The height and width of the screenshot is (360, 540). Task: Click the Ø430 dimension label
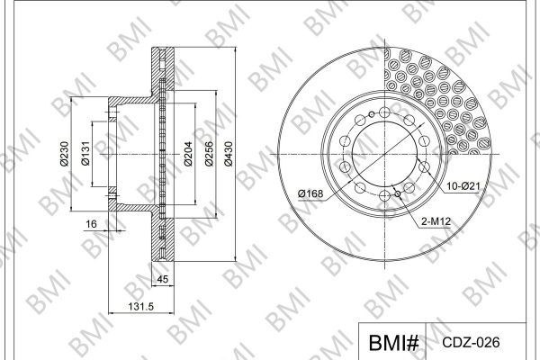pos(229,154)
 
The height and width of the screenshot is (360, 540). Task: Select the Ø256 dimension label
pos(209,154)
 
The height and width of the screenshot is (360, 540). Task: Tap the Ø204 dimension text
pos(188,154)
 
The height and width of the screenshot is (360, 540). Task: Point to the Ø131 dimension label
pos(85,154)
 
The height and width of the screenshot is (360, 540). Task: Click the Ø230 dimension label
pos(64,154)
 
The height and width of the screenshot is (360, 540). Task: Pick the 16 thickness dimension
pos(91,224)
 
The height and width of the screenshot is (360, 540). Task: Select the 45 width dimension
pos(163,279)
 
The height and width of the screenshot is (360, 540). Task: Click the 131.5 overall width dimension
pos(141,306)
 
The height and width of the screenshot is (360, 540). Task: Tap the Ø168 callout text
pos(310,193)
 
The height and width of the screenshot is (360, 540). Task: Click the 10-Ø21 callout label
pos(463,186)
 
